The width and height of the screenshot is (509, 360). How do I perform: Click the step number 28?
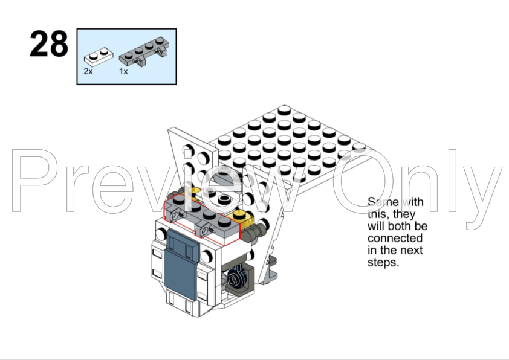tap(49, 44)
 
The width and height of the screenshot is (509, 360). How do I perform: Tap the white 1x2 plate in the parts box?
tap(99, 57)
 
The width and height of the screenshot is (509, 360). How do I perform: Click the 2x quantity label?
tap(88, 71)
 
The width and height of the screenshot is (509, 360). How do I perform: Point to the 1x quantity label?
tap(123, 71)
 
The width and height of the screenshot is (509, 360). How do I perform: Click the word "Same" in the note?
tap(383, 202)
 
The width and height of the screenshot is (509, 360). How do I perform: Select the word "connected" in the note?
tap(395, 239)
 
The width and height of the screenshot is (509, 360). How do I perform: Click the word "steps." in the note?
tap(383, 262)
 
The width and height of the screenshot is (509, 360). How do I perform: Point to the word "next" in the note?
tap(411, 251)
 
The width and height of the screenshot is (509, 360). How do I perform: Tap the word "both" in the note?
tap(400, 226)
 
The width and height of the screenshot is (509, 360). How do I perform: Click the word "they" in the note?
tap(404, 214)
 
